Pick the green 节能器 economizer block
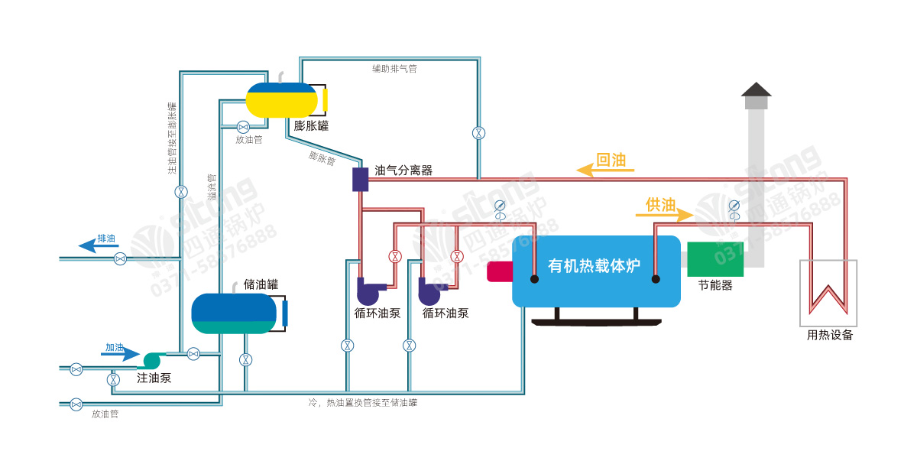pos(715,259)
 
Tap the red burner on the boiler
pos(499,271)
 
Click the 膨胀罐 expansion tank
pos(281,99)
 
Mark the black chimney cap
pos(757,89)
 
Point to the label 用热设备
pos(830,335)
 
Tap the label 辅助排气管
pos(394,69)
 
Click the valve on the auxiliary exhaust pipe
pos(478,132)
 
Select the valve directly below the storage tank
pos(245,359)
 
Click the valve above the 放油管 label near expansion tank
pos(243,127)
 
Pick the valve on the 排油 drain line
pos(120,259)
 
